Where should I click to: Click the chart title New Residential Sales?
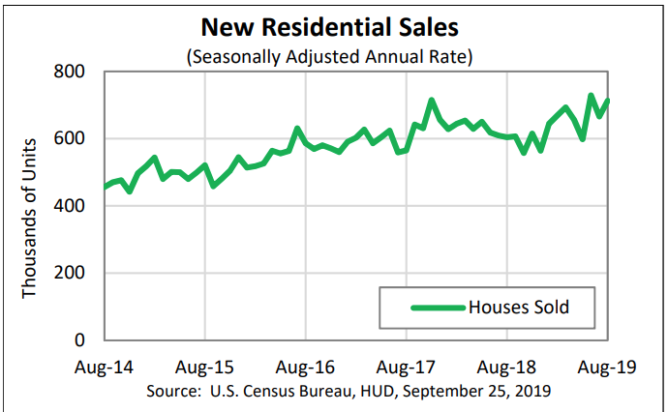(329, 27)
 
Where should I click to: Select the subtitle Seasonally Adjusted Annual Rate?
(329, 57)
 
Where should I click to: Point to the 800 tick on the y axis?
(69, 72)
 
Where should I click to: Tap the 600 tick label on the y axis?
(69, 138)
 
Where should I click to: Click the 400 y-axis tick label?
(69, 206)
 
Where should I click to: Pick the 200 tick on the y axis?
(69, 273)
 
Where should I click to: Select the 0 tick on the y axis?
(79, 340)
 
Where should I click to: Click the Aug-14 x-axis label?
(104, 367)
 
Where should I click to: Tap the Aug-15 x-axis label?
(204, 367)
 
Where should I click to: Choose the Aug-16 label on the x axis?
(306, 367)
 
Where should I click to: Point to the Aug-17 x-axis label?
(406, 367)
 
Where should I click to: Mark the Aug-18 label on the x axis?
(506, 367)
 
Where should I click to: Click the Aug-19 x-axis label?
(607, 367)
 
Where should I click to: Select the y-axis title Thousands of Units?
(29, 219)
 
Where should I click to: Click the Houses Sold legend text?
(519, 307)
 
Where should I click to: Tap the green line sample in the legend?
(438, 308)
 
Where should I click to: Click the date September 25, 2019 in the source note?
(476, 391)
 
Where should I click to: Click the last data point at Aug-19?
(608, 101)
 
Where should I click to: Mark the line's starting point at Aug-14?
(105, 187)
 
